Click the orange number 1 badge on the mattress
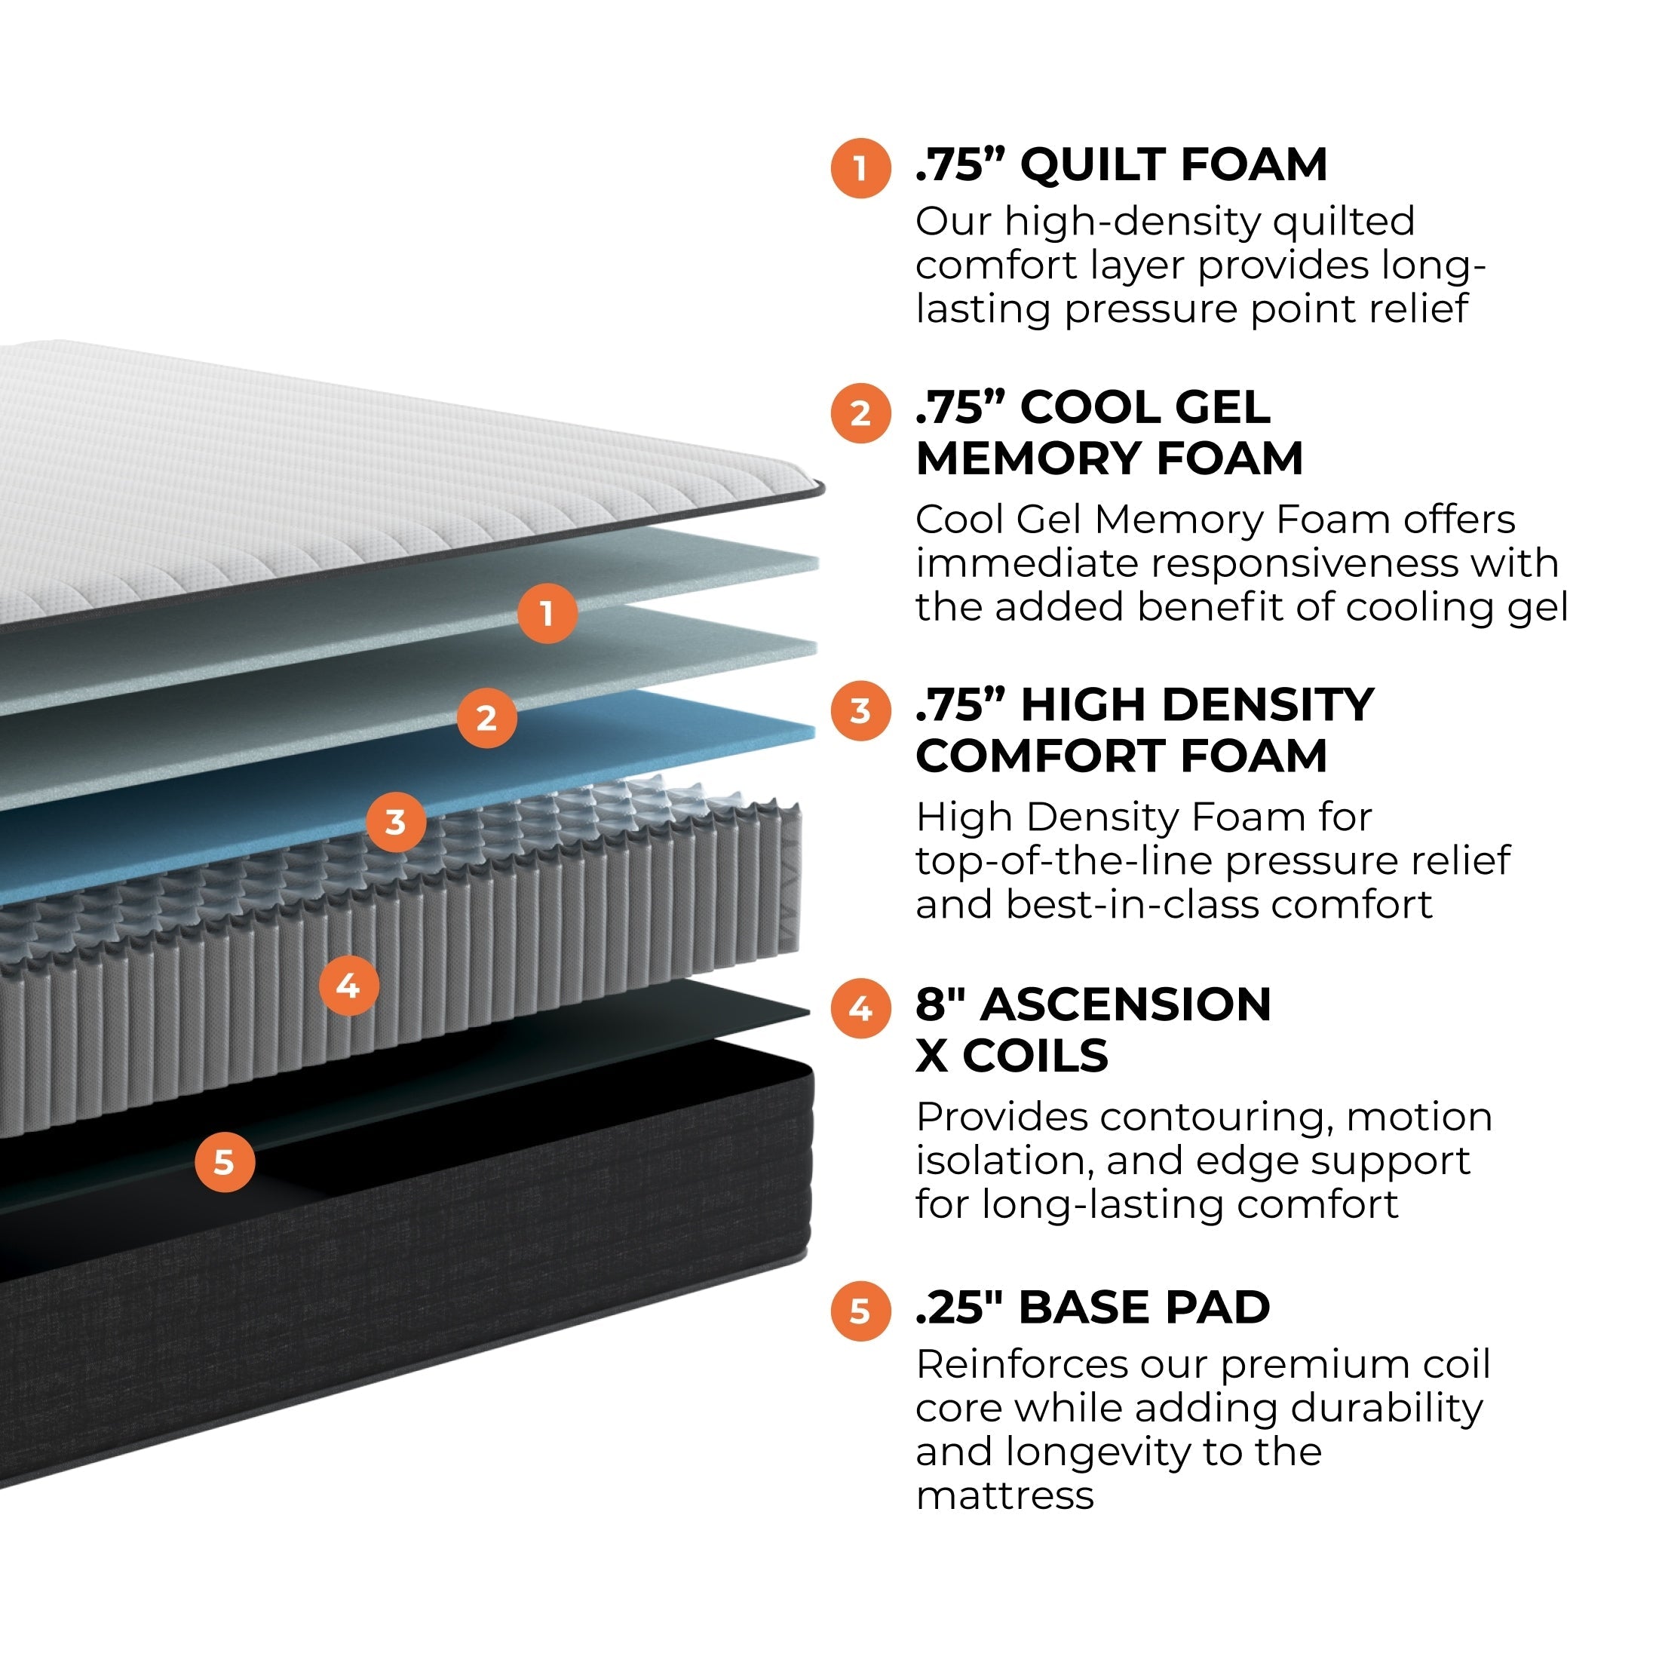pyautogui.click(x=547, y=613)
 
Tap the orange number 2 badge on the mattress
pyautogui.click(x=487, y=717)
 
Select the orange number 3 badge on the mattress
pyautogui.click(x=395, y=822)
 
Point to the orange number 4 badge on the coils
pyautogui.click(x=348, y=985)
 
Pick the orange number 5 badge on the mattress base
pyautogui.click(x=224, y=1162)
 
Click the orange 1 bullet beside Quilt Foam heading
pyautogui.click(x=860, y=168)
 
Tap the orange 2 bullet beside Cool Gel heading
pyautogui.click(x=860, y=414)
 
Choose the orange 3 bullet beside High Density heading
pyautogui.click(x=860, y=711)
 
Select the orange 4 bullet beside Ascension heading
pyautogui.click(x=860, y=1009)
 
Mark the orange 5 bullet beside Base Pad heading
pyautogui.click(x=860, y=1311)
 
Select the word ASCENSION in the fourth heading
pyautogui.click(x=1125, y=1004)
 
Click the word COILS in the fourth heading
pyautogui.click(x=1035, y=1054)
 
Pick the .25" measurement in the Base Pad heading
pyautogui.click(x=959, y=1307)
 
